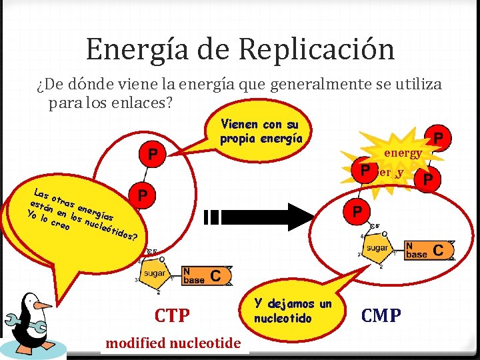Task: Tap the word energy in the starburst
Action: coord(402,153)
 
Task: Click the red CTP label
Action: coord(172,315)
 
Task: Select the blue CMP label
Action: coord(381,315)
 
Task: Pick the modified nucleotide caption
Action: coord(173,343)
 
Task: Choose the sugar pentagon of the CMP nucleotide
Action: coord(376,249)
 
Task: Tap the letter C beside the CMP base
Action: coord(439,249)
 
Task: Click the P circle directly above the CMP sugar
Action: coord(357,212)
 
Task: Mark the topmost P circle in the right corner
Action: coord(439,137)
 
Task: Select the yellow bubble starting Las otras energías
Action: coord(73,217)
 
